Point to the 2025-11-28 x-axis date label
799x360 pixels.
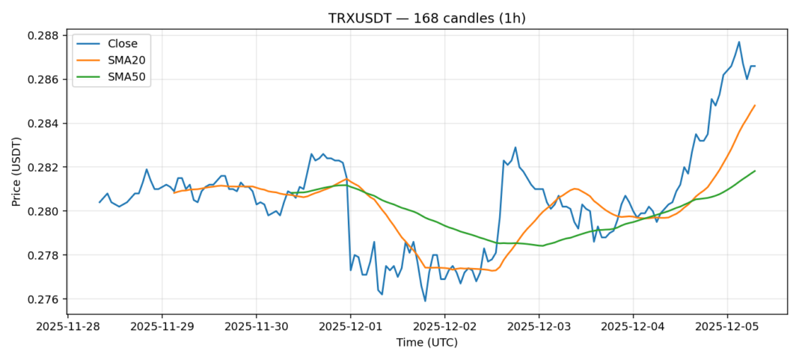[x=68, y=326]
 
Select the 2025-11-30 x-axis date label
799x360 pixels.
[x=256, y=326]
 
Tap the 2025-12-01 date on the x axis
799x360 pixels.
[x=350, y=326]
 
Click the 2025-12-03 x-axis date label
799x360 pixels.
[x=539, y=326]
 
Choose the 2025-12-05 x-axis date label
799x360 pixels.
[x=726, y=326]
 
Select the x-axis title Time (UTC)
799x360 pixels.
[x=426, y=343]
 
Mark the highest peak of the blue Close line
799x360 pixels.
[x=739, y=42]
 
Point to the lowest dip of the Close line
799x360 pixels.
[x=425, y=301]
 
